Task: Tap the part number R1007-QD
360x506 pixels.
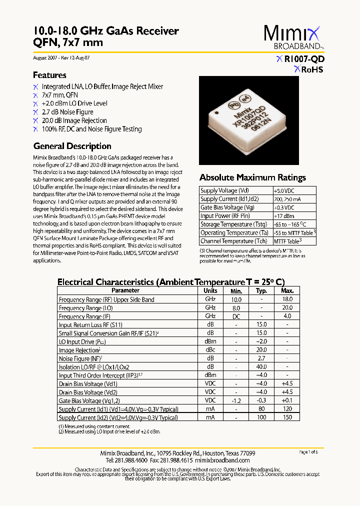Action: pos(303,59)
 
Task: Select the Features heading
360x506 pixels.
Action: pos(49,75)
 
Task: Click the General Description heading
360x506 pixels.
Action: pos(72,146)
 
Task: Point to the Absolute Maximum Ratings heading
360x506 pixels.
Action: pos(252,177)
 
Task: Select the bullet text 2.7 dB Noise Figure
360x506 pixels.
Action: pos(67,112)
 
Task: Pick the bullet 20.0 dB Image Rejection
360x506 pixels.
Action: pos(74,120)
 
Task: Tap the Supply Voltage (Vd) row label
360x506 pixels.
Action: pos(224,190)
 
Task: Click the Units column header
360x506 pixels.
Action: pos(210,290)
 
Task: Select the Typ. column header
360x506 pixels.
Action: pos(261,290)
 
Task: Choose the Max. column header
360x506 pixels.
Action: pos(287,290)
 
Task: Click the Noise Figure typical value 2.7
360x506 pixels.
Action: pos(261,358)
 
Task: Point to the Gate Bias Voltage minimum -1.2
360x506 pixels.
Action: pos(236,400)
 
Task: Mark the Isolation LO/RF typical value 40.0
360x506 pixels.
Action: pos(261,367)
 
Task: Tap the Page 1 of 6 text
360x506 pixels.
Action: pos(308,452)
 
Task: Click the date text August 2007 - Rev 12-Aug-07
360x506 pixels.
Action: pos(61,58)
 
